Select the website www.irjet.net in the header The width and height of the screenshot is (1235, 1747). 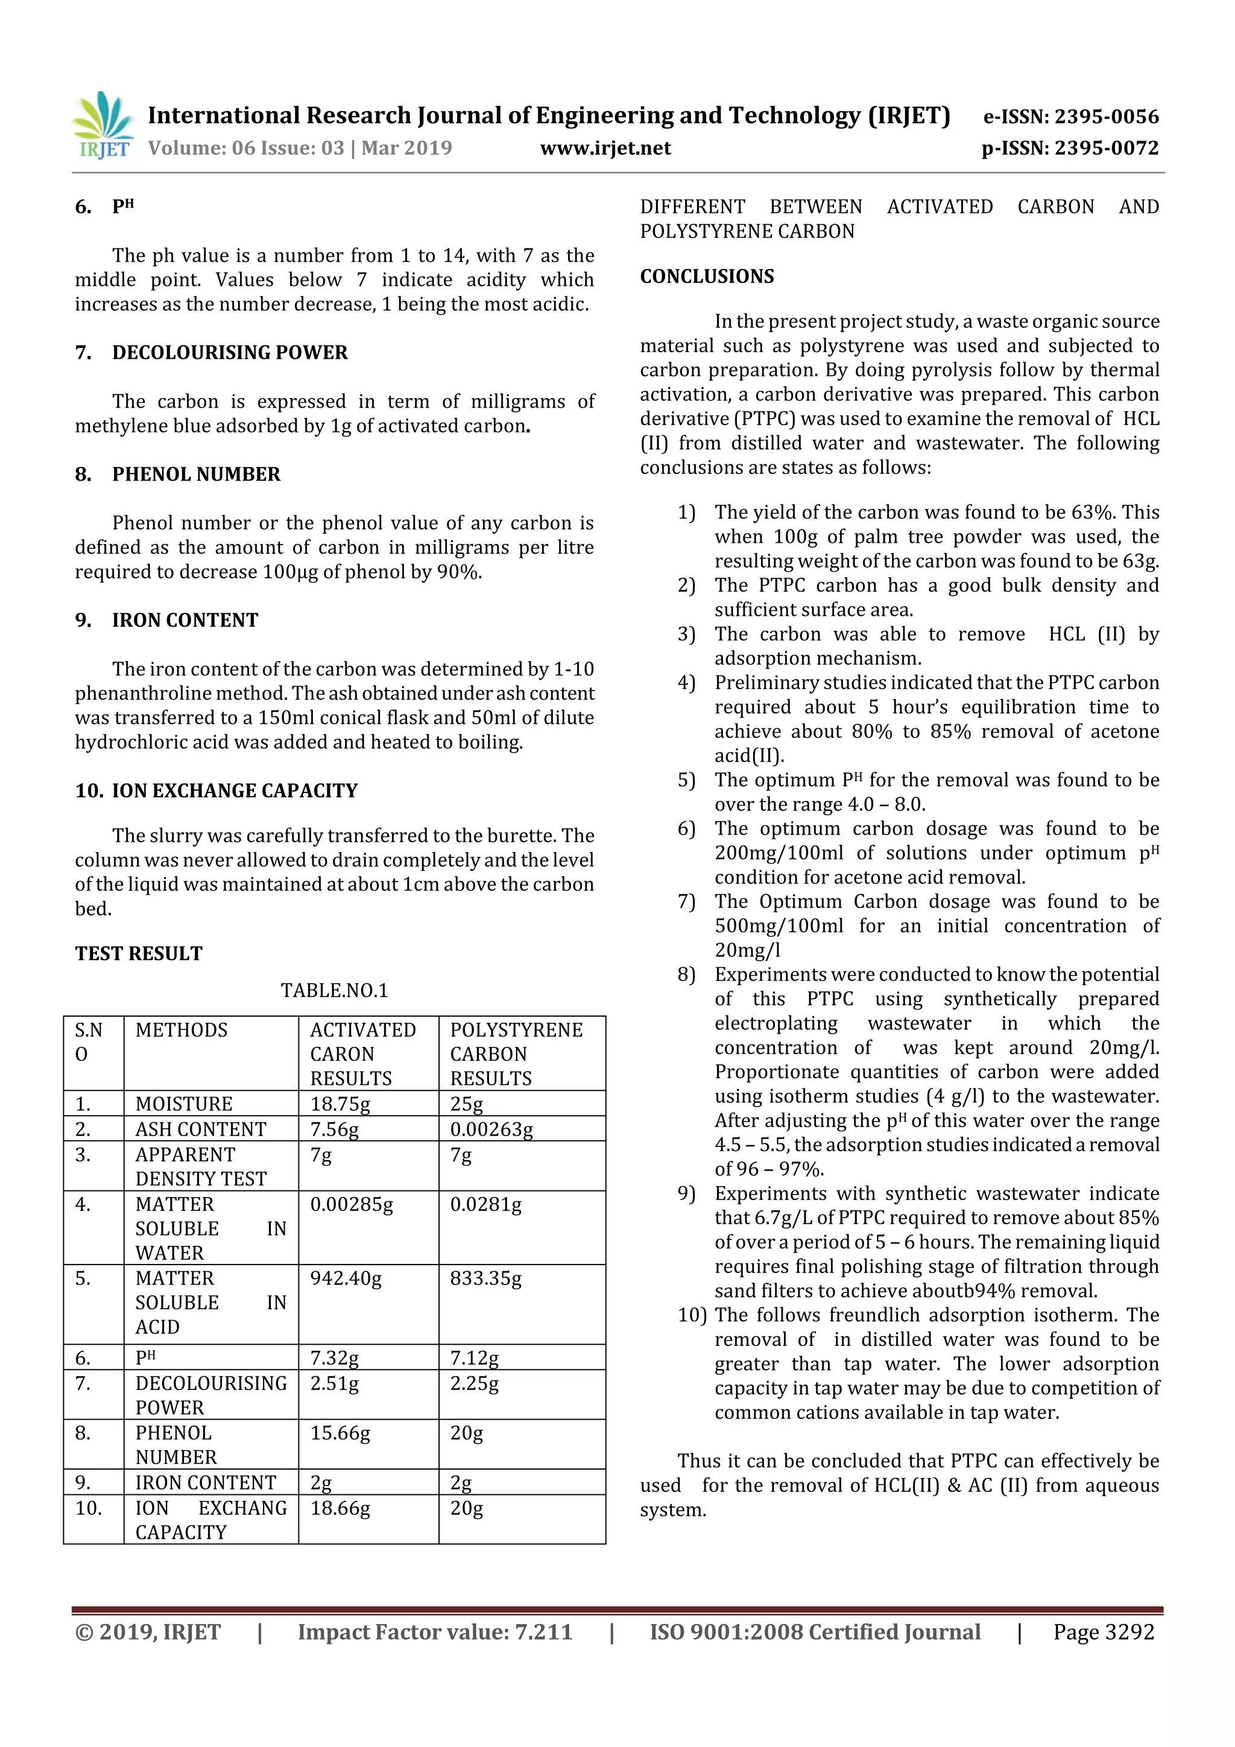pyautogui.click(x=605, y=148)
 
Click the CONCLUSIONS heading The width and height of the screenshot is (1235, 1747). pyautogui.click(x=706, y=276)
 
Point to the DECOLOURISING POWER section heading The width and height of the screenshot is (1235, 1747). pyautogui.click(x=229, y=352)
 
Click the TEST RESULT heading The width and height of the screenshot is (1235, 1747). pyautogui.click(x=139, y=953)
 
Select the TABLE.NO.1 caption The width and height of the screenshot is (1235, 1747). pyautogui.click(x=334, y=990)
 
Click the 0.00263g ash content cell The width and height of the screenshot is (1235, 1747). pyautogui.click(x=491, y=1129)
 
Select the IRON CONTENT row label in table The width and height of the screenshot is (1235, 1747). pyautogui.click(x=206, y=1482)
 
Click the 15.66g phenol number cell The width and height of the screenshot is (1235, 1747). pyautogui.click(x=340, y=1433)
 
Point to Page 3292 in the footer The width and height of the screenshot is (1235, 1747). pyautogui.click(x=1104, y=1631)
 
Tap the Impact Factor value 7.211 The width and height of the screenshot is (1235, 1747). pyautogui.click(x=435, y=1631)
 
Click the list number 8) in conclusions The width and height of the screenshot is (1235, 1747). pyautogui.click(x=686, y=975)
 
